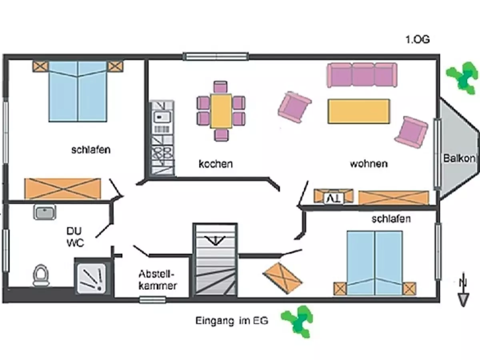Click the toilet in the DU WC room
40,275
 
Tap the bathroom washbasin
45,212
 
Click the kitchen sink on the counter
162,117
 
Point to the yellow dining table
221,111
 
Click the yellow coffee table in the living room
359,111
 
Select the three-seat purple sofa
362,75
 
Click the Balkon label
459,158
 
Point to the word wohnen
368,164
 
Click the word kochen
216,164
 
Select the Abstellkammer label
158,280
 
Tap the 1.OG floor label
418,40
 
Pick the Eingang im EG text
232,320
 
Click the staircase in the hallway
216,260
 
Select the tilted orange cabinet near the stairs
282,278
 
